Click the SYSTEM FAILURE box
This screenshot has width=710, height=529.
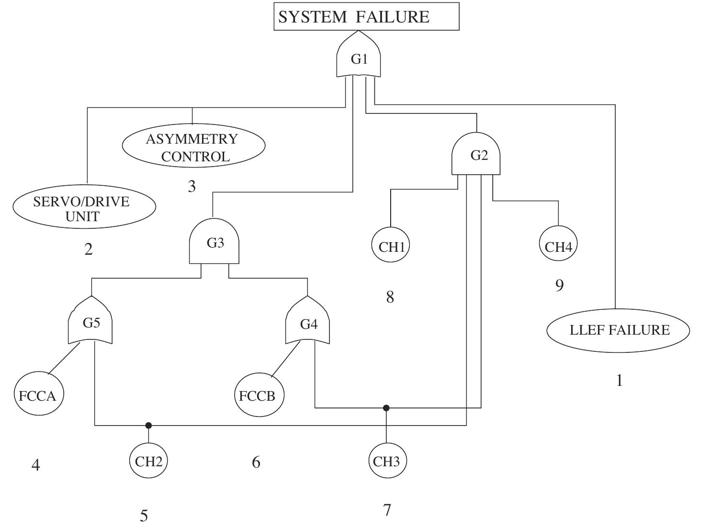point(366,17)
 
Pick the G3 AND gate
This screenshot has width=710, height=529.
point(214,243)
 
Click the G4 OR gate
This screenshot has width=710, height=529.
point(308,323)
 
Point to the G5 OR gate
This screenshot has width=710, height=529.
point(91,322)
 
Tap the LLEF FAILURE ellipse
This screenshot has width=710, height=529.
point(618,330)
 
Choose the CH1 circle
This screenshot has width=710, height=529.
point(391,246)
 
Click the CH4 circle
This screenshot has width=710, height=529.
point(558,246)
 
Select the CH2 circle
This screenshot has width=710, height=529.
point(148,461)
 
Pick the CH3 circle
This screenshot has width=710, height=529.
point(387,461)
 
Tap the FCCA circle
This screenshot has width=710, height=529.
point(38,395)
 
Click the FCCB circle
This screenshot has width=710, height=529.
point(259,395)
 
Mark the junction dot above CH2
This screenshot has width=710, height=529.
point(148,425)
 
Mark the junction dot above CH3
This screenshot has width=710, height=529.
point(386,408)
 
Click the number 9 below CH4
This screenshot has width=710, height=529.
point(559,285)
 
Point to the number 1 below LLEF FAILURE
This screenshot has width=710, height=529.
point(619,381)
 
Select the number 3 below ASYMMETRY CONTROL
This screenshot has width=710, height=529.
point(192,186)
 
